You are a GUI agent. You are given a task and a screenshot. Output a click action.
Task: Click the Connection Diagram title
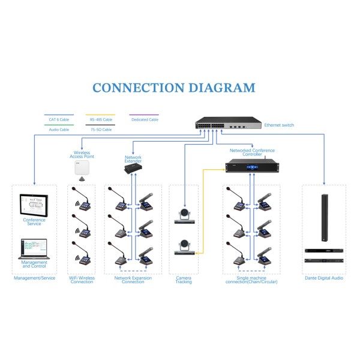click(x=173, y=88)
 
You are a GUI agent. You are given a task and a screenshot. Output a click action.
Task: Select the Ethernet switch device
click(x=229, y=125)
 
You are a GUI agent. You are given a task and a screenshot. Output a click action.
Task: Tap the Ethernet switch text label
click(x=279, y=125)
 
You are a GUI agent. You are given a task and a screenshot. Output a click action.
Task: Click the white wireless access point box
click(x=82, y=167)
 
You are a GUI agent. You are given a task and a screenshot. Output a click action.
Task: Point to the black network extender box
click(x=133, y=170)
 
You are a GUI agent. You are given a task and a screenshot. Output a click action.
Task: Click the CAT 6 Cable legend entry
click(x=59, y=119)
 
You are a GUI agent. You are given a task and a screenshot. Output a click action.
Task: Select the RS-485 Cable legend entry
click(x=100, y=119)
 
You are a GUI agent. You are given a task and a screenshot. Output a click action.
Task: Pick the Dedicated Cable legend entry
click(x=144, y=119)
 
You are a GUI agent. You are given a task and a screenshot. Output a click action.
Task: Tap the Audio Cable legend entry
click(x=59, y=129)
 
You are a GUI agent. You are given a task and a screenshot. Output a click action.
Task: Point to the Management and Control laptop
click(x=34, y=248)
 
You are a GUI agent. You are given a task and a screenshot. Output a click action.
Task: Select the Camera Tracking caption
click(x=184, y=280)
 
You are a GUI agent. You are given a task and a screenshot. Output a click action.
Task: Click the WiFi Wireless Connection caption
click(x=82, y=280)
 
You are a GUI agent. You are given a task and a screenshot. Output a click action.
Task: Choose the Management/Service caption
click(x=34, y=278)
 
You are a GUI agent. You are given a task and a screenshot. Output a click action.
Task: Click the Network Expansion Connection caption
click(x=133, y=280)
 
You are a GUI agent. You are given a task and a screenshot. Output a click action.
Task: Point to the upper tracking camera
click(x=184, y=215)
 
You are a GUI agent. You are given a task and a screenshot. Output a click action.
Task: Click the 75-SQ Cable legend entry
click(x=100, y=129)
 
